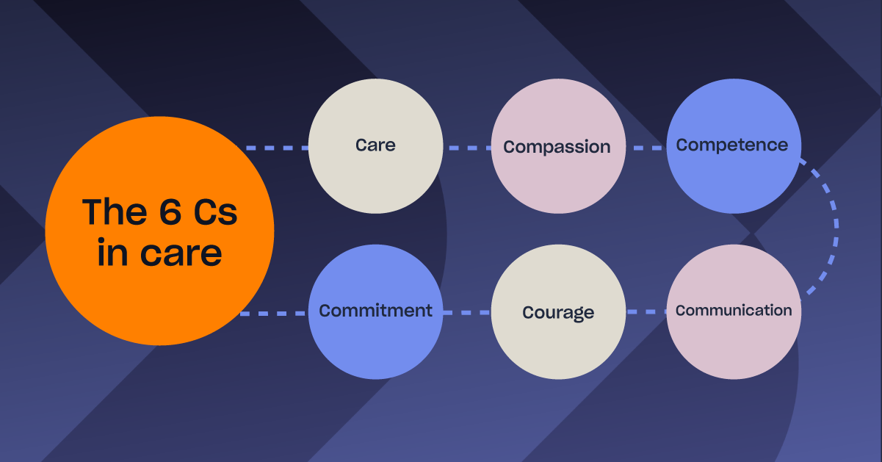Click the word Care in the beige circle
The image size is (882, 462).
tap(375, 145)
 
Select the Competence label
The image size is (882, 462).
tap(732, 145)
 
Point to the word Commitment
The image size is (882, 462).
tap(375, 311)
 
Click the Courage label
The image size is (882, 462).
tap(558, 313)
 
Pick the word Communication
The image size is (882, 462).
tap(734, 311)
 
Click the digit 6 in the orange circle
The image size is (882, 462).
tap(170, 212)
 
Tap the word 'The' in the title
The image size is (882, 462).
tap(115, 212)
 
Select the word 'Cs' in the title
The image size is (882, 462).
tap(215, 212)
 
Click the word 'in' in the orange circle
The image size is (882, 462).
tap(112, 253)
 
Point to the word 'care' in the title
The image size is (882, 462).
tap(181, 254)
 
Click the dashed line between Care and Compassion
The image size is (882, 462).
tap(467, 148)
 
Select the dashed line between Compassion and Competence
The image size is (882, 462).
tap(646, 148)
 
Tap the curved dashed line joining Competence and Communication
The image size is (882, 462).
tap(836, 225)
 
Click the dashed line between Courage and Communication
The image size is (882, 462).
tap(646, 312)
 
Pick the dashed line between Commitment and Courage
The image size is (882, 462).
tap(467, 313)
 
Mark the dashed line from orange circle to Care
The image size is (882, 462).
tap(277, 148)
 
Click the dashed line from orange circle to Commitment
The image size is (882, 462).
tap(273, 314)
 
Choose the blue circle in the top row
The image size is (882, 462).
tap(734, 146)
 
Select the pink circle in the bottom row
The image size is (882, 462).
tap(734, 312)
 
